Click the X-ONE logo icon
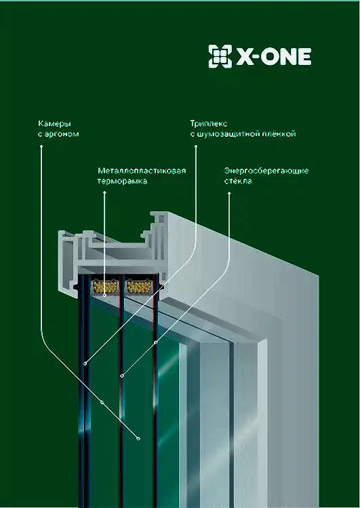[220, 56]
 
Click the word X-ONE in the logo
[274, 57]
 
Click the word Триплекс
[209, 124]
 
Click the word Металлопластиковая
[142, 171]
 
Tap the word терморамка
[122, 181]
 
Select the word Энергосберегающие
[266, 171]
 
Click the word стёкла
[238, 180]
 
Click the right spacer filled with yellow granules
[139, 287]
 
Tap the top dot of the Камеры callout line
[41, 146]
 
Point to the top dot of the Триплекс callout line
[195, 146]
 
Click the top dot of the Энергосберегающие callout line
[229, 193]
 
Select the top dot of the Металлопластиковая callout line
[104, 192]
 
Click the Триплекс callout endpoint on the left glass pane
[85, 364]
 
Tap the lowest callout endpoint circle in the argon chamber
[138, 439]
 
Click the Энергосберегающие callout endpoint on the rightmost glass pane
[156, 343]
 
